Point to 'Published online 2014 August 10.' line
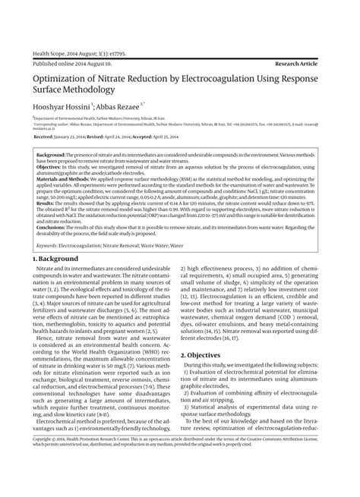(78, 65)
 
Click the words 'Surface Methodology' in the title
(74, 90)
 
